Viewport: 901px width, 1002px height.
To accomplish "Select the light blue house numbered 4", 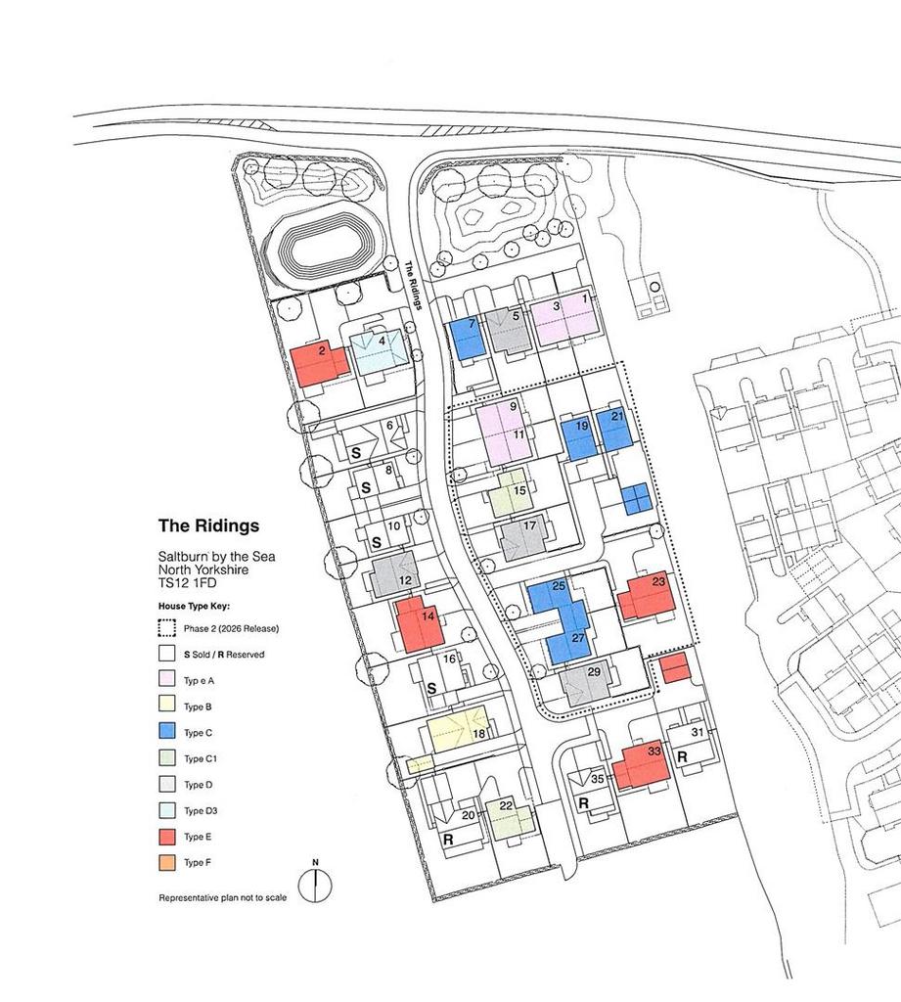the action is click(x=380, y=351).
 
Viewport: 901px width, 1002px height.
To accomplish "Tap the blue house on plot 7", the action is click(x=467, y=339).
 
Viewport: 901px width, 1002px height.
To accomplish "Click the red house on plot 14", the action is click(x=419, y=623).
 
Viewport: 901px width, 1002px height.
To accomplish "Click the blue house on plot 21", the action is click(x=614, y=430).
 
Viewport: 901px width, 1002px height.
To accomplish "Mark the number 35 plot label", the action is click(x=598, y=779).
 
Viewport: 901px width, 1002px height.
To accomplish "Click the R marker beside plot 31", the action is click(x=682, y=757).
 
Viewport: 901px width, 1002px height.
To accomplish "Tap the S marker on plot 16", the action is click(x=432, y=689).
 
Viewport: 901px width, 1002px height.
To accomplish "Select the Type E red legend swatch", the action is click(x=166, y=837).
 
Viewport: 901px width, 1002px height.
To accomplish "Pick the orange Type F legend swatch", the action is click(x=166, y=863).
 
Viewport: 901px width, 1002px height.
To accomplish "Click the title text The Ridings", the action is click(x=209, y=525).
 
